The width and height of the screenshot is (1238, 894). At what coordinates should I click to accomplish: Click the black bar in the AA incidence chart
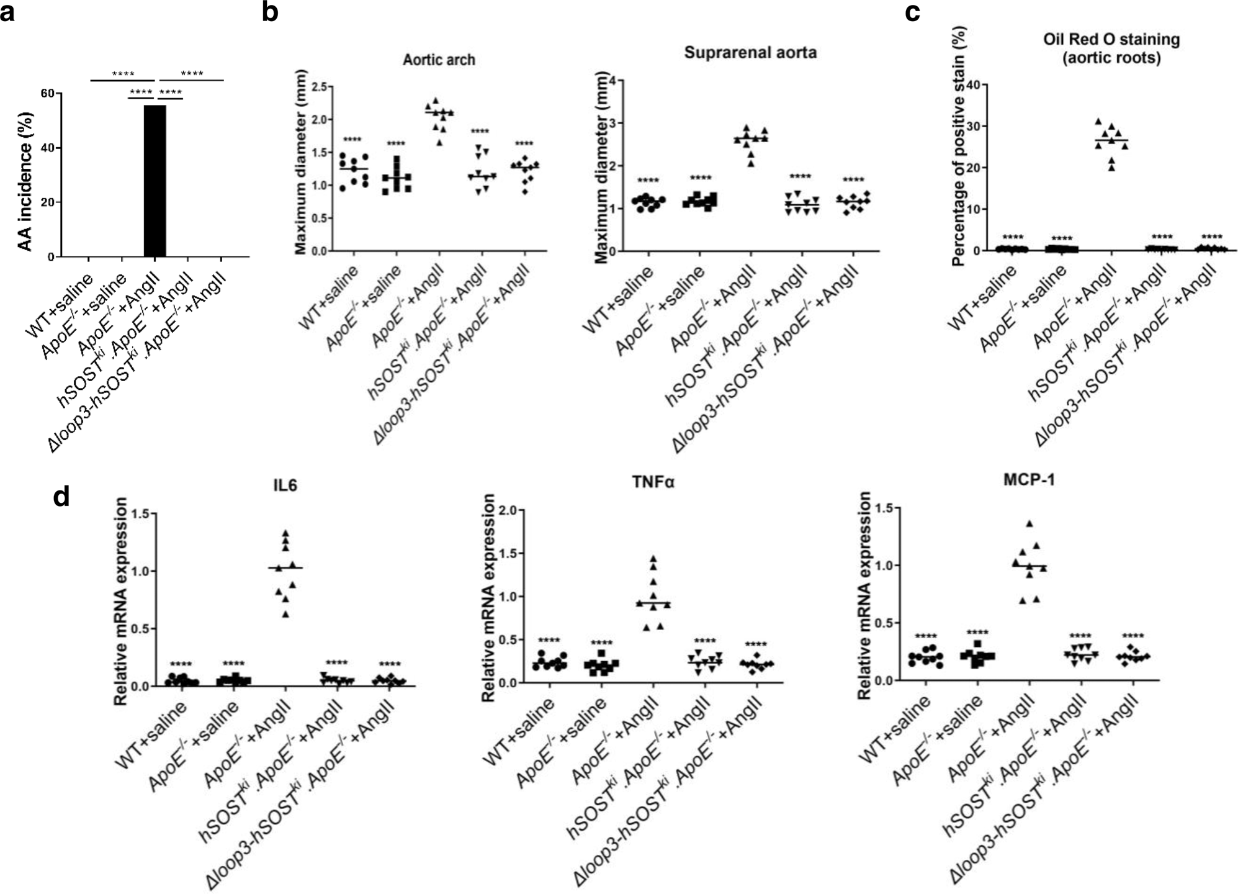click(x=155, y=180)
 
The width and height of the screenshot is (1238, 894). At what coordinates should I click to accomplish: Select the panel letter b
click(x=270, y=12)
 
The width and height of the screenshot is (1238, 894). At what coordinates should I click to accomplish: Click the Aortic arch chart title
click(x=439, y=60)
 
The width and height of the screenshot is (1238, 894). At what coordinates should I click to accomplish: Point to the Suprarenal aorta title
click(x=750, y=53)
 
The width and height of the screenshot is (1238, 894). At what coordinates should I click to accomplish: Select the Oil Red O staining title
click(x=1111, y=48)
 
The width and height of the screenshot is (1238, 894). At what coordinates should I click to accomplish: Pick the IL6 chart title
click(x=285, y=485)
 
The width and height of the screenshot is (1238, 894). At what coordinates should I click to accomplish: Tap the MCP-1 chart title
click(x=1029, y=480)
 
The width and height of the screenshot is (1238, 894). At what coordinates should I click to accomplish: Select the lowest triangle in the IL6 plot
click(x=285, y=614)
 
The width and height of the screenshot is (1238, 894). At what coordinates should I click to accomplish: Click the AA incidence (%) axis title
click(x=25, y=181)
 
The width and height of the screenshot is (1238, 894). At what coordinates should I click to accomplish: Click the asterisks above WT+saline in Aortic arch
click(x=352, y=140)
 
